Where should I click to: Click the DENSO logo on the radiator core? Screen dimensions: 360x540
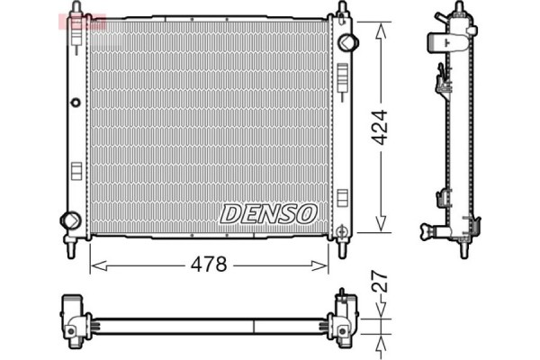point(268,213)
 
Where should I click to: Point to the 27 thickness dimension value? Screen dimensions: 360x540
point(381,287)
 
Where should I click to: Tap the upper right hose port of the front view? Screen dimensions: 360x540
point(349,40)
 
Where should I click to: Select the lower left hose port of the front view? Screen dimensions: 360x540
point(68,220)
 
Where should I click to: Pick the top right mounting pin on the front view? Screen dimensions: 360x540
point(342,9)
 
